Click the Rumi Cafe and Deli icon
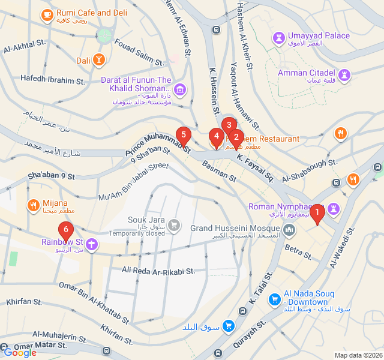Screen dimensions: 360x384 click(47, 13)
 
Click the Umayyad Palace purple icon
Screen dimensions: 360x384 click(278, 38)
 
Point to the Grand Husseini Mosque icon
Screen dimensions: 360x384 click(290, 229)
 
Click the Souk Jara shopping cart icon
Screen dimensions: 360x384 click(173, 225)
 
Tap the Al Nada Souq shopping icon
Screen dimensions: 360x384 click(274, 298)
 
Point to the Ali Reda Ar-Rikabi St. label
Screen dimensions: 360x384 click(158, 271)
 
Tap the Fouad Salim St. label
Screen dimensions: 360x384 click(139, 53)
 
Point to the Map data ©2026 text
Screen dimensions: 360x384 click(358, 355)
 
